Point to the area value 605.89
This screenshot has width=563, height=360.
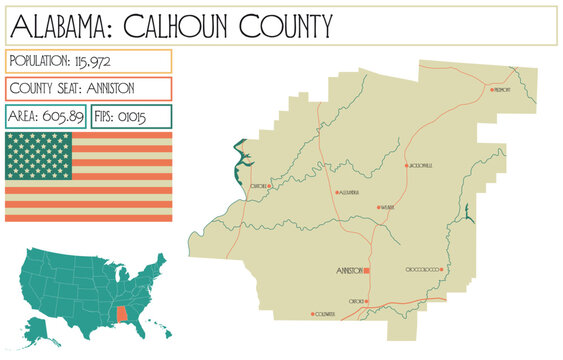click(x=63, y=117)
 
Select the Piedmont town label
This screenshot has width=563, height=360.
click(x=503, y=89)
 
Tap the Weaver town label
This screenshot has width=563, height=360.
click(x=388, y=207)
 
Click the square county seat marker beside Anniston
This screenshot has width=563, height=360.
click(x=367, y=271)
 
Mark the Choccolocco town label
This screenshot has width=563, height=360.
click(x=423, y=270)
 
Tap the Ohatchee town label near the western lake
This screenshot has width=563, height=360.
click(x=258, y=185)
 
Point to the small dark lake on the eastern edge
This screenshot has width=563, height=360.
click(x=467, y=212)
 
